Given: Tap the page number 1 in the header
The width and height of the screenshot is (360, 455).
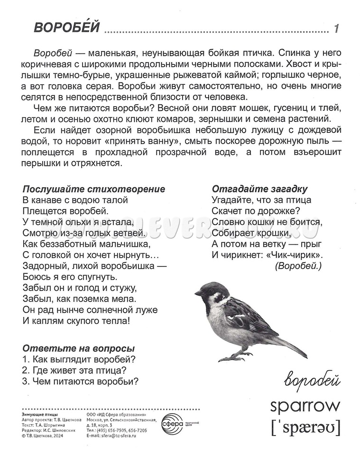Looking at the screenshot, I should click(x=336, y=29).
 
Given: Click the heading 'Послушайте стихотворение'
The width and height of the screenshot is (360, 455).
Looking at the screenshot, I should click(x=94, y=189).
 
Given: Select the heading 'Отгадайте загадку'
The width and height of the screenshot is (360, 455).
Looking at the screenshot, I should click(x=260, y=189).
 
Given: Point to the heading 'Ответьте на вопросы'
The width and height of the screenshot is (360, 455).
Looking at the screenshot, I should click(x=78, y=348).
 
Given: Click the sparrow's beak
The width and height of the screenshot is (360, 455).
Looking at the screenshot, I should click(x=198, y=294).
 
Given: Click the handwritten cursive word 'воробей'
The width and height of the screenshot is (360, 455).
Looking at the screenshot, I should click(x=313, y=380).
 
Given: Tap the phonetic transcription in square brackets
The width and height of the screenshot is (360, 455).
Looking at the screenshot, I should click(x=305, y=428).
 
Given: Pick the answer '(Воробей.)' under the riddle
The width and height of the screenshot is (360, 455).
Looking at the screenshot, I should click(x=298, y=266).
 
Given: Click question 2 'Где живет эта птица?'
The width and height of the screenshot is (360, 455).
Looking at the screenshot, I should click(x=76, y=370).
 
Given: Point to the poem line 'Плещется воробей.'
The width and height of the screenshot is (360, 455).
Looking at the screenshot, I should click(x=65, y=211).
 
